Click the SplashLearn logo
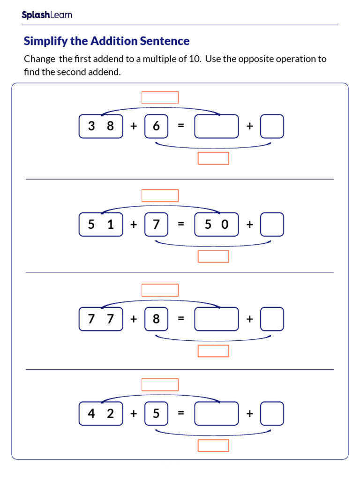pos(47,15)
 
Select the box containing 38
pos(101,126)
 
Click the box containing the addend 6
pos(156,126)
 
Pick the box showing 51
pos(101,225)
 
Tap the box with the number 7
pos(156,225)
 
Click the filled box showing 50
pos(217,225)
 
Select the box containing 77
pos(101,319)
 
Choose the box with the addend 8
pos(156,319)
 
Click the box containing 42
pos(101,413)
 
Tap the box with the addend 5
pos(156,413)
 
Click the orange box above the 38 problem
pos(160,97)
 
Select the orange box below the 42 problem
pos(213,445)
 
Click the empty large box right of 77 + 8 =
pos(217,319)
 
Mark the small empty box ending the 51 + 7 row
pos(272,225)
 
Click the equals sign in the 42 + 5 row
pos(181,413)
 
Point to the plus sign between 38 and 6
pos(134,126)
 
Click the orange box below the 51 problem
pos(213,256)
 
